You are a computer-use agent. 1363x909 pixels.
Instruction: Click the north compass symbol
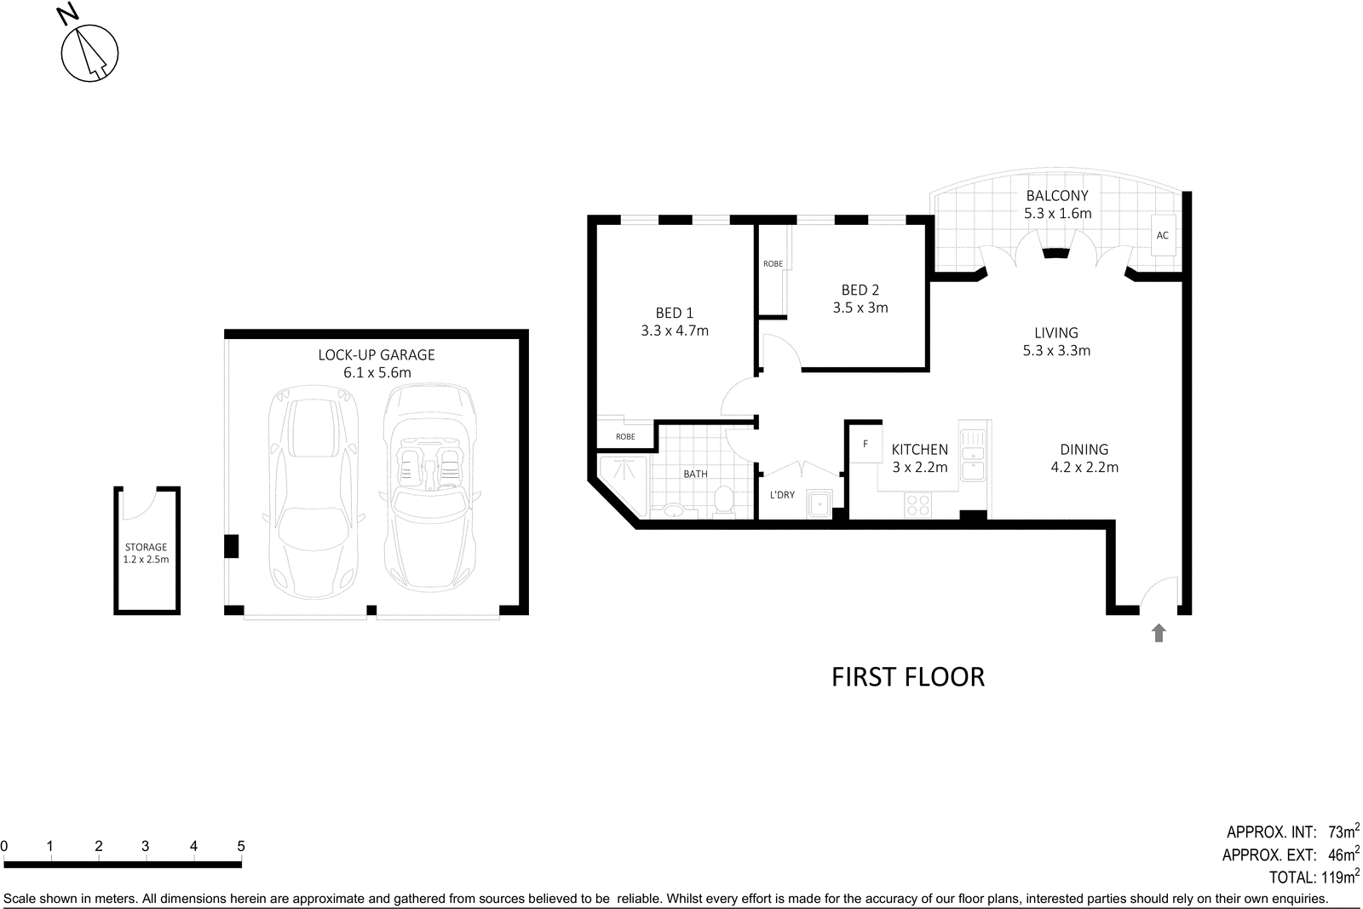(89, 53)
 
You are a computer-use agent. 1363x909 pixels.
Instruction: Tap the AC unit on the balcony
(1162, 235)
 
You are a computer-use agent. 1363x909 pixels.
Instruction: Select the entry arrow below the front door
(1158, 632)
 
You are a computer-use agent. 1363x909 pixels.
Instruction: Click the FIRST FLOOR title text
(907, 677)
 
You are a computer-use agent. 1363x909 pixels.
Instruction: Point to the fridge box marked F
(865, 444)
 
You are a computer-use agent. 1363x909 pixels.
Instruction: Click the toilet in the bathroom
(723, 501)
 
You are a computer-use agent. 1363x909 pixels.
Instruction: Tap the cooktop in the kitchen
(918, 505)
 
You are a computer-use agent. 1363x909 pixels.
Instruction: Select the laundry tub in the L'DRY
(820, 503)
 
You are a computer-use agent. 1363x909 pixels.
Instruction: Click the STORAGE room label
(146, 547)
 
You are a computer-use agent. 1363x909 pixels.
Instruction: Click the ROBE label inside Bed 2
(773, 264)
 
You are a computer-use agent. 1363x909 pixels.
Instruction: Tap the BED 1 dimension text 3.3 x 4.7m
(674, 331)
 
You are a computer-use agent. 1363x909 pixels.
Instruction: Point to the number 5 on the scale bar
(241, 846)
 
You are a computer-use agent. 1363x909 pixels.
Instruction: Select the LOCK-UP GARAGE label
(377, 354)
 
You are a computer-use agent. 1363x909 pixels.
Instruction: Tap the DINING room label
(1084, 449)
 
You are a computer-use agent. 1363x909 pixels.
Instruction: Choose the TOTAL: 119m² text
(1314, 877)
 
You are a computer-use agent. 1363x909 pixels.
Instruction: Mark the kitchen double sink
(973, 454)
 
